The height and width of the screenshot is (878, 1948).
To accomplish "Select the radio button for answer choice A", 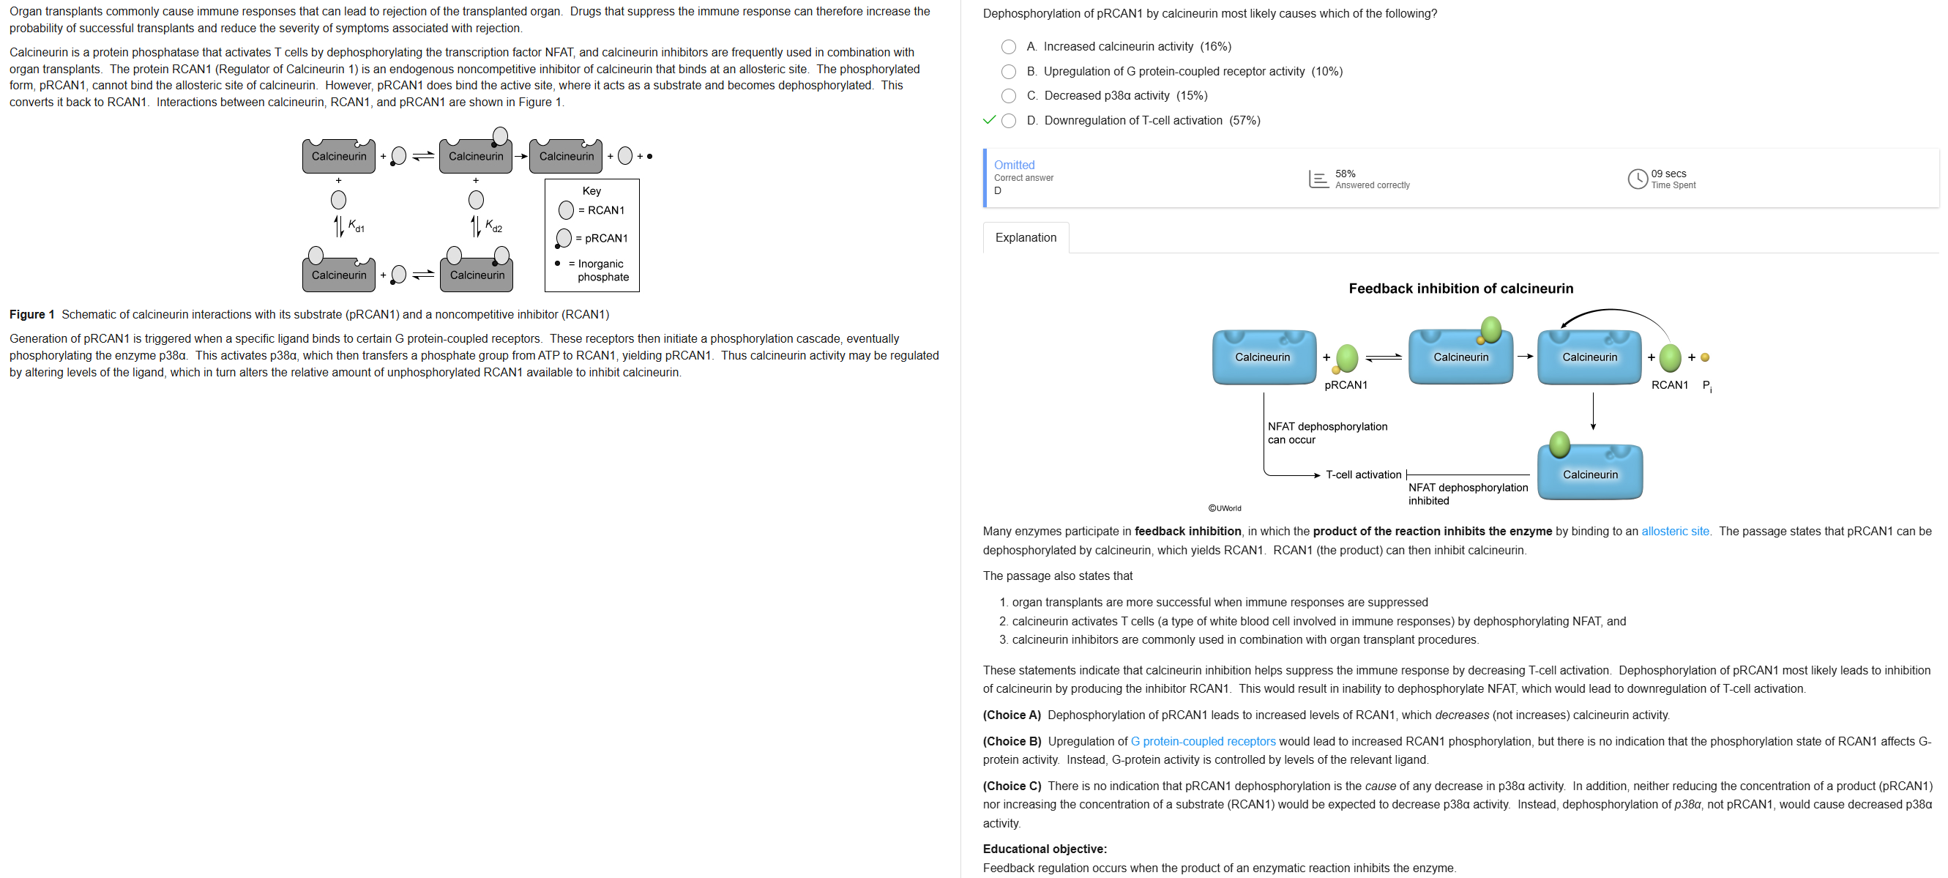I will point(1008,47).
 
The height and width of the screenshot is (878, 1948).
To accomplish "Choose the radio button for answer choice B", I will point(1008,72).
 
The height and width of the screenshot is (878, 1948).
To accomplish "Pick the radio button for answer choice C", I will point(1008,96).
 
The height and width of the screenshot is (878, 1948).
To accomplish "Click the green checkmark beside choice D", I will point(988,120).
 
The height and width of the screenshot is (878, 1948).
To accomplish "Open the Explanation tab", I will point(1026,237).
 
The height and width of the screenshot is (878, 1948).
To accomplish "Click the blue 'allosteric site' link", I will point(1674,532).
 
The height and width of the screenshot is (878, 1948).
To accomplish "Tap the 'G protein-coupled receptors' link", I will point(1202,742).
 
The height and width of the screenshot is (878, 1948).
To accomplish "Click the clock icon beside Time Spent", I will point(1637,179).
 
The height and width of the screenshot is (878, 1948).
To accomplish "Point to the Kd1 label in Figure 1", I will point(356,226).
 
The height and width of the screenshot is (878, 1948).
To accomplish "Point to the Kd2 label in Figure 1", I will point(493,226).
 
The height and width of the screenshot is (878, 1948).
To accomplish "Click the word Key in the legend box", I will point(592,191).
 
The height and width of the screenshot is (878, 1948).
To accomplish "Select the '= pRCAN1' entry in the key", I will point(601,238).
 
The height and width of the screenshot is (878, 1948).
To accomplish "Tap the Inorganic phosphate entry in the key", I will point(600,271).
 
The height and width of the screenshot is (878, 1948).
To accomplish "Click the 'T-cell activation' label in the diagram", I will point(1362,475).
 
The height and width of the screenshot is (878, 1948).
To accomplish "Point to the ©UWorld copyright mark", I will point(1224,508).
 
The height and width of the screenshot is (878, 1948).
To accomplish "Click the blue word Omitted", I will point(1013,165).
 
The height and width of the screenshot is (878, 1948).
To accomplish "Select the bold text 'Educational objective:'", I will point(1045,849).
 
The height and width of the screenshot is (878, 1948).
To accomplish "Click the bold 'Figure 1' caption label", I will point(31,315).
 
